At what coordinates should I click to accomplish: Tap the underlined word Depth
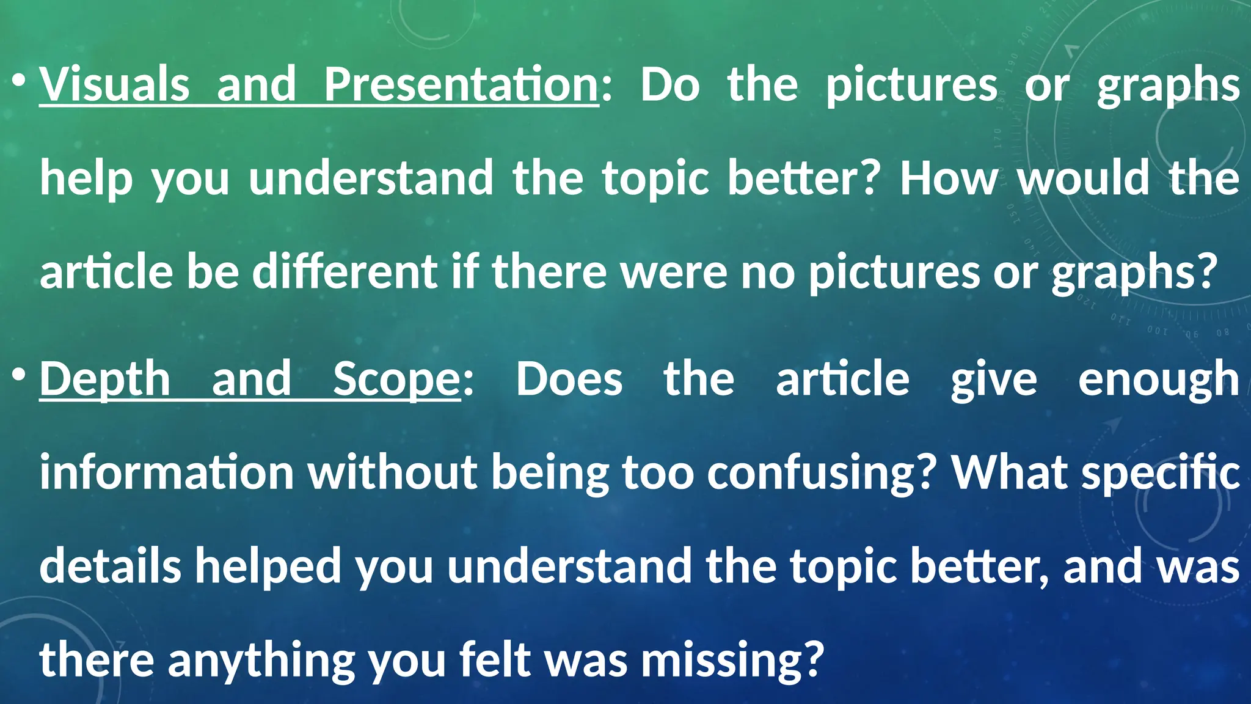pos(105,380)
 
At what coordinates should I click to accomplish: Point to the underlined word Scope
pos(396,380)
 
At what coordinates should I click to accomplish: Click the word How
pos(949,178)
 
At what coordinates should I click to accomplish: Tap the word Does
pos(569,380)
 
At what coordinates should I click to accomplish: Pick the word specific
pos(1161,474)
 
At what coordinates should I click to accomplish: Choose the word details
pos(110,566)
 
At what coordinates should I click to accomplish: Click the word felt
pos(495,660)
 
